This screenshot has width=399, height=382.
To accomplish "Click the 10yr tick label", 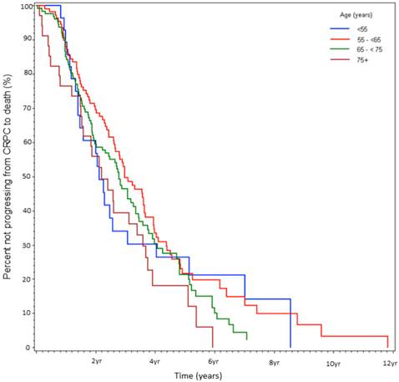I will (x=332, y=363).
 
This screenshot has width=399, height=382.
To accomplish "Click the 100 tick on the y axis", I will (x=27, y=6).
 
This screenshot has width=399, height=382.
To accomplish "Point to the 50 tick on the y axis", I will (x=28, y=176).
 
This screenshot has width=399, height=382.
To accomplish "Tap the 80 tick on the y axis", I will (x=28, y=74).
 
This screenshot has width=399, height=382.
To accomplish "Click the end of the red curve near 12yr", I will (x=388, y=346).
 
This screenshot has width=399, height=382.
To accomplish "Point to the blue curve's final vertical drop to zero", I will (x=290, y=326).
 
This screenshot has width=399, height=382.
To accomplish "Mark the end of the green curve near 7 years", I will (x=247, y=339).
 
